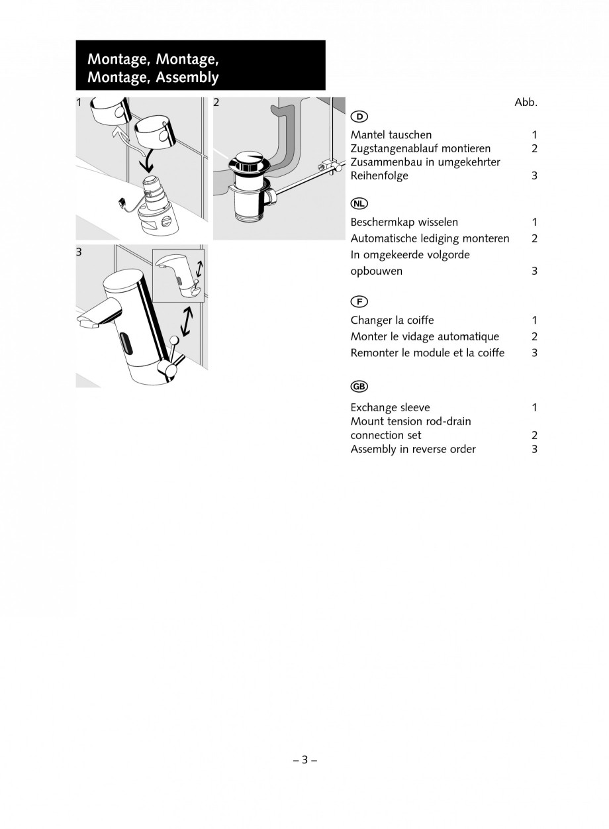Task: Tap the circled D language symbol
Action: [x=359, y=117]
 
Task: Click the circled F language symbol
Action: [x=359, y=302]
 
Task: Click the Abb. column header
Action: [x=526, y=103]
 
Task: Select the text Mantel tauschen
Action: [x=391, y=135]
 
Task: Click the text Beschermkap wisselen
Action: [x=404, y=222]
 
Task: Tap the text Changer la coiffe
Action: [x=392, y=320]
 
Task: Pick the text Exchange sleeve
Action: [x=390, y=407]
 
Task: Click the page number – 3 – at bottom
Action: [x=304, y=760]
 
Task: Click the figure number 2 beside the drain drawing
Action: [x=216, y=103]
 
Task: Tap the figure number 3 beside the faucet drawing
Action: [x=79, y=252]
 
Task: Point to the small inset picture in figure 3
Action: [x=178, y=274]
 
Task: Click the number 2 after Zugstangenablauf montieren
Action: [x=534, y=149]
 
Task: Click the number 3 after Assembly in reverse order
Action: [x=534, y=450]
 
